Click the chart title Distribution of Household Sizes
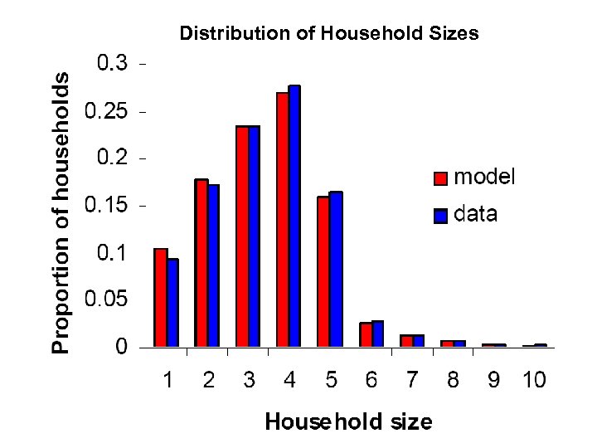point(329,34)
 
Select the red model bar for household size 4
point(283,220)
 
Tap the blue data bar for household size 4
point(294,216)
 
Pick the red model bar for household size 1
point(161,297)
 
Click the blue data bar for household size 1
point(172,303)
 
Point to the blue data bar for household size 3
point(254,236)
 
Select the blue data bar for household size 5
point(336,269)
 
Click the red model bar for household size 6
point(365,334)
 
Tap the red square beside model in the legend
point(441,178)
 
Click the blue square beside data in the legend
point(441,217)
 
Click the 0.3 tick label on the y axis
point(114,64)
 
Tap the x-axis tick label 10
point(534,381)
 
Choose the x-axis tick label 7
point(412,381)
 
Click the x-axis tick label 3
point(249,381)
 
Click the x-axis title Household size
point(348,422)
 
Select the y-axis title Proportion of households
point(62,212)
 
